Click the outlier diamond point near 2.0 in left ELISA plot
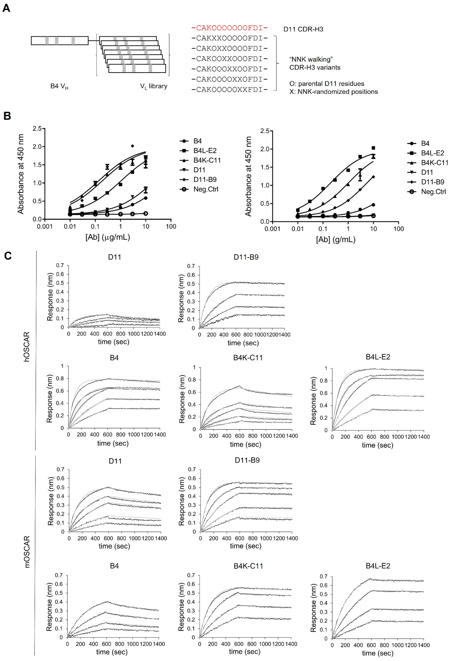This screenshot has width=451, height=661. click(x=132, y=146)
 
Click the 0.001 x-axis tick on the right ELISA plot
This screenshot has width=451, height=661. click(x=272, y=229)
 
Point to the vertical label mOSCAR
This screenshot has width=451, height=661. click(x=27, y=552)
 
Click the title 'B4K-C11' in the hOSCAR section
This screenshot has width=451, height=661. click(x=248, y=358)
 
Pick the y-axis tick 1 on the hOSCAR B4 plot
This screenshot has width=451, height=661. click(x=62, y=366)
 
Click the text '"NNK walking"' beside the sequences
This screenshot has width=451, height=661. click(x=311, y=59)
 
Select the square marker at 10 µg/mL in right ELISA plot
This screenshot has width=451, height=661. click(x=373, y=148)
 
